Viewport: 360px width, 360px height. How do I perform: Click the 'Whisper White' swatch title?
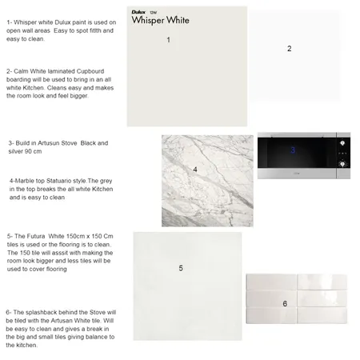pyautogui.click(x=161, y=21)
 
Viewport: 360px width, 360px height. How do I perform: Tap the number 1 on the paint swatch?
pyautogui.click(x=168, y=39)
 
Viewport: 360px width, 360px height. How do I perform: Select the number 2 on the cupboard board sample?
pyautogui.click(x=289, y=49)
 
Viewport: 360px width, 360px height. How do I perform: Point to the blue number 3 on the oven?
pyautogui.click(x=293, y=150)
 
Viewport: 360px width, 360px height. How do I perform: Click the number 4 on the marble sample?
pyautogui.click(x=195, y=170)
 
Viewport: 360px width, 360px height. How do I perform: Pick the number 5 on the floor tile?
pyautogui.click(x=181, y=268)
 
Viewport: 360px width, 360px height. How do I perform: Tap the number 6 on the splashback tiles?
pyautogui.click(x=285, y=303)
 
